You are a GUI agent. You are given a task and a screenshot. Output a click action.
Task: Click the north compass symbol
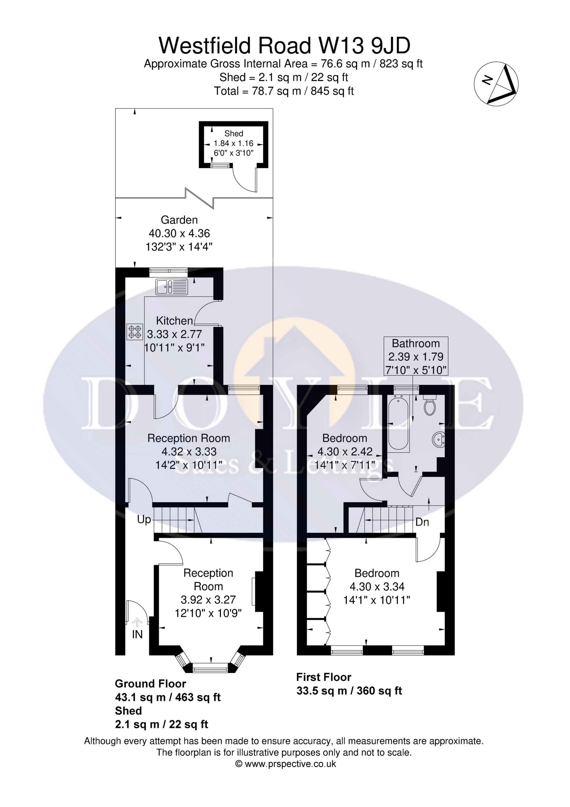tap(496, 83)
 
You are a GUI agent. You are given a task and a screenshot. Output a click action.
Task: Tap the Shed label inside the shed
tap(234, 133)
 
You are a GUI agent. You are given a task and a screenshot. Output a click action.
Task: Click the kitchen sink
tap(172, 287)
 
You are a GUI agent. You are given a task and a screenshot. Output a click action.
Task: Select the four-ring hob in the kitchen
tap(135, 332)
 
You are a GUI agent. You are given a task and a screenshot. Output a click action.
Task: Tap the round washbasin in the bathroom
tap(439, 439)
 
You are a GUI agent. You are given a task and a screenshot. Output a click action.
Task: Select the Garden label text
tap(179, 220)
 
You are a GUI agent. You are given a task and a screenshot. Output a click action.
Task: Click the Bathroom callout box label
tap(416, 344)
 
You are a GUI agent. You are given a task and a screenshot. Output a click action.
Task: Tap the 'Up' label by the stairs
tap(144, 520)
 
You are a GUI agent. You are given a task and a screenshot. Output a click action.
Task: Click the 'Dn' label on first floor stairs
tap(422, 522)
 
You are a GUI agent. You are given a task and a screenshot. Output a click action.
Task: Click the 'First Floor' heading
tap(324, 677)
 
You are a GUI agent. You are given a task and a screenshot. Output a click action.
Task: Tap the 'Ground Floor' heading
tap(150, 684)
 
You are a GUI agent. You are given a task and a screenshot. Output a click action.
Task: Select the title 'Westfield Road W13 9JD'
tap(285, 46)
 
